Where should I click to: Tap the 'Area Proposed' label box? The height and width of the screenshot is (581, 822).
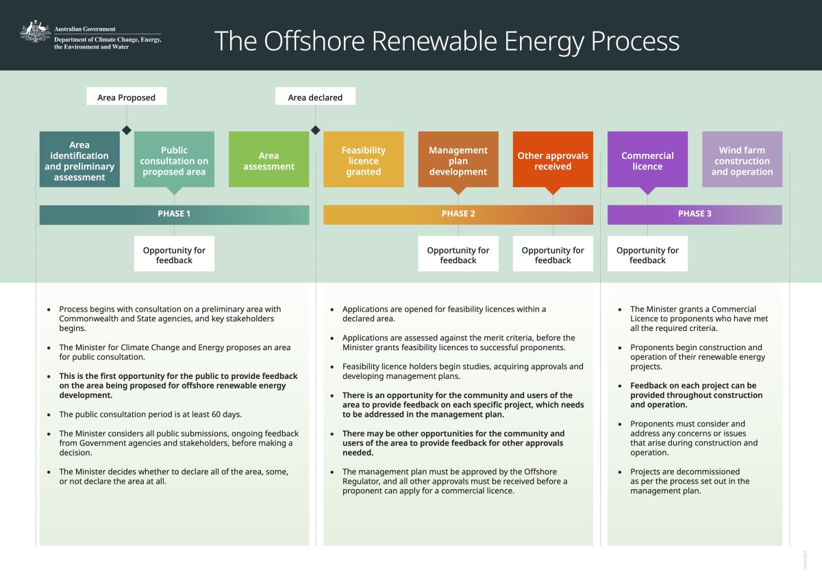[127, 97]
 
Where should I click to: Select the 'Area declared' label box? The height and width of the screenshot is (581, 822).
[315, 97]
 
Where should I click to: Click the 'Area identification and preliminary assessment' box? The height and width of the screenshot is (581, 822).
[79, 160]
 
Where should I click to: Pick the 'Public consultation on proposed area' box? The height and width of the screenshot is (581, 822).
[174, 160]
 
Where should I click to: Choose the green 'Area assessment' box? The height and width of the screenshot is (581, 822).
[269, 160]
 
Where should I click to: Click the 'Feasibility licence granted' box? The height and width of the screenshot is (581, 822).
[363, 160]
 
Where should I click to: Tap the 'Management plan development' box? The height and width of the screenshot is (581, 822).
[458, 160]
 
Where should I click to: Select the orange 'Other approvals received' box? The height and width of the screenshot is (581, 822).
[553, 160]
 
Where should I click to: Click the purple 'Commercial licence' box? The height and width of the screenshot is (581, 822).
[647, 160]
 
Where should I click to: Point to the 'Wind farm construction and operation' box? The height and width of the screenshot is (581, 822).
[742, 160]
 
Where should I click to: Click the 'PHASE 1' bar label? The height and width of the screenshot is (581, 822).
[174, 214]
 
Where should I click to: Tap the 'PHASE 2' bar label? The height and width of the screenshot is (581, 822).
[458, 214]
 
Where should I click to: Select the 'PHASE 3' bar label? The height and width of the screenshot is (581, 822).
[695, 214]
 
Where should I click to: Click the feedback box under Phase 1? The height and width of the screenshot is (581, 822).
[174, 254]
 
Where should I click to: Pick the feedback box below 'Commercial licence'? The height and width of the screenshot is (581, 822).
[647, 254]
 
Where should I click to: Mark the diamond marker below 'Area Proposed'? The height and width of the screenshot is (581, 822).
[126, 130]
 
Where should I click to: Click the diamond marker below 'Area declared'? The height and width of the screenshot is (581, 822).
[315, 130]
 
